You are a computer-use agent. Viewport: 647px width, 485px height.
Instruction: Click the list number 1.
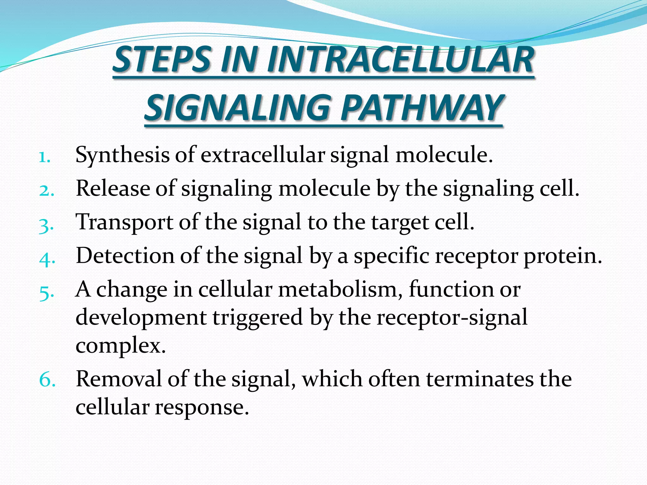45,157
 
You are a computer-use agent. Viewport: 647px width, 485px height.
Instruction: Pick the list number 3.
46,225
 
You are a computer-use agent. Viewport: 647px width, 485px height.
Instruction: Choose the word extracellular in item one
263,155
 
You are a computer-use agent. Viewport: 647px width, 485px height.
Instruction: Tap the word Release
113,189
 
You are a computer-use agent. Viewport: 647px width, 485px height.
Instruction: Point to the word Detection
125,255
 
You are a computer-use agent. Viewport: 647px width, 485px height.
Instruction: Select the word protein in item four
563,256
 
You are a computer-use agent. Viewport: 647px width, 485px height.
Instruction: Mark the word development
141,317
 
